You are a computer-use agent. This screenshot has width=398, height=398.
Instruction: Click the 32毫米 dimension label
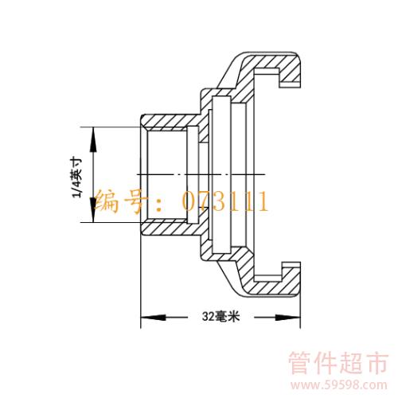[220, 316]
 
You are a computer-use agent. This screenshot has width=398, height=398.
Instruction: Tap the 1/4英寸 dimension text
[76, 178]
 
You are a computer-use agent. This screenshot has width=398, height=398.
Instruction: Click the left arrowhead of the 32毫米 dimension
[153, 317]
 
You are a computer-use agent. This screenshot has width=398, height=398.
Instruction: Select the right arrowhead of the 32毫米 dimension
[288, 317]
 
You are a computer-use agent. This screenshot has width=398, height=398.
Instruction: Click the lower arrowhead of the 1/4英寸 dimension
[93, 209]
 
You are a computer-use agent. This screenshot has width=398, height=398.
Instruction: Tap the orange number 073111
[225, 201]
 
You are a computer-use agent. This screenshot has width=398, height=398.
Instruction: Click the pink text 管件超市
[338, 363]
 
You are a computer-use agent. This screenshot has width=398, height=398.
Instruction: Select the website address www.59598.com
[339, 384]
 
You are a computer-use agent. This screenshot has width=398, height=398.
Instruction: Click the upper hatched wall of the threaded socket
[170, 122]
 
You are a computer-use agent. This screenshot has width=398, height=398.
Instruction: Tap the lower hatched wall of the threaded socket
[170, 228]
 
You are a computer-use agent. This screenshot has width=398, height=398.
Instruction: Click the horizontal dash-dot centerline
[201, 174]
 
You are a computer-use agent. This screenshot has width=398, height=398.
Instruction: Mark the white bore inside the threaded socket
[167, 174]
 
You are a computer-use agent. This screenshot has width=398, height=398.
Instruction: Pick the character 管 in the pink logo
[300, 363]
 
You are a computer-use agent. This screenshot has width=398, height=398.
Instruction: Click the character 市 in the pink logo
[377, 363]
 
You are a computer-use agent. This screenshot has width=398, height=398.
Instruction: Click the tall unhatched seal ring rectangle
[221, 174]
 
